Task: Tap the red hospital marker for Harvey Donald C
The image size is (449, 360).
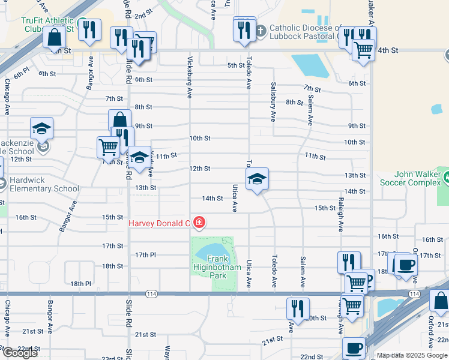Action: (199, 223)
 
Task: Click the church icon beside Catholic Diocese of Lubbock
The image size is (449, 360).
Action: (261, 30)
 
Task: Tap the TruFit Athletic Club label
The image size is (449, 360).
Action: (47, 24)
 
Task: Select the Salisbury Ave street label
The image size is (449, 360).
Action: (273, 101)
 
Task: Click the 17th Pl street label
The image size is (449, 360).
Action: (145, 255)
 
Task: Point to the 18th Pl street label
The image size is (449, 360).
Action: (80, 284)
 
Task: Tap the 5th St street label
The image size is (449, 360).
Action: (235, 65)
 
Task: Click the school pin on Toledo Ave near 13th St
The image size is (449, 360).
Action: (257, 179)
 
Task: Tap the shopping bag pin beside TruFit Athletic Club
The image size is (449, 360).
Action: (55, 37)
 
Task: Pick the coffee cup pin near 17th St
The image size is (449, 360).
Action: (406, 265)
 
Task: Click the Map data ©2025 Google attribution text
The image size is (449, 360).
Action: (412, 355)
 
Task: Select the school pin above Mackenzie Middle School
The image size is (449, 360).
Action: (42, 128)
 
